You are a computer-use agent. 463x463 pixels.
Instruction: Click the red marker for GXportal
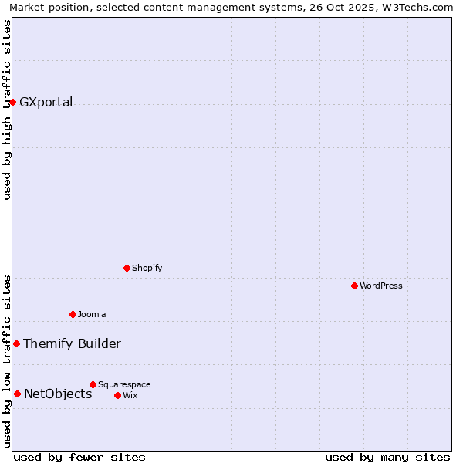click(x=12, y=102)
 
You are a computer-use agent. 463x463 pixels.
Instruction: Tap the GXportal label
click(x=46, y=103)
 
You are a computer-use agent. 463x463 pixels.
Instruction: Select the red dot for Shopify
click(x=127, y=268)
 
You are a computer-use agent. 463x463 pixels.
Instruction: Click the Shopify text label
click(x=147, y=268)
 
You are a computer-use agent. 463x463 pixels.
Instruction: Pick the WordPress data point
click(x=354, y=286)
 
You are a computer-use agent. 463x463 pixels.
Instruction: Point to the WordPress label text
click(x=380, y=286)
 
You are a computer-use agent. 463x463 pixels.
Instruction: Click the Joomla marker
click(x=73, y=314)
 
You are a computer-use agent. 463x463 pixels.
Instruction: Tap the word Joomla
click(x=92, y=314)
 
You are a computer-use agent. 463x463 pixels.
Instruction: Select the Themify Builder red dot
click(x=16, y=343)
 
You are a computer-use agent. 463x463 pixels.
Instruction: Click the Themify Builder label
click(x=72, y=344)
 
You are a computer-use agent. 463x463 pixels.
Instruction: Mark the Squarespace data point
click(x=93, y=384)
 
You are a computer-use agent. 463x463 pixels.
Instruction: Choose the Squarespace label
click(x=124, y=384)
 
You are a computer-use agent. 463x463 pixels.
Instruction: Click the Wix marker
click(x=117, y=395)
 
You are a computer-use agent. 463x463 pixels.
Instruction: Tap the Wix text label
click(x=130, y=395)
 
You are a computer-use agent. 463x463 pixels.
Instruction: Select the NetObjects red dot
click(x=17, y=394)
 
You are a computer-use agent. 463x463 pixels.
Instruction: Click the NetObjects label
click(x=58, y=394)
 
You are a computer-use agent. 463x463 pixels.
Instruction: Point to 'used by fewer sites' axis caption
click(x=79, y=457)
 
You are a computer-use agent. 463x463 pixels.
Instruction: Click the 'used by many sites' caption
click(x=387, y=457)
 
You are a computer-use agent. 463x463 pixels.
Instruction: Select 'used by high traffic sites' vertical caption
click(x=7, y=110)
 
